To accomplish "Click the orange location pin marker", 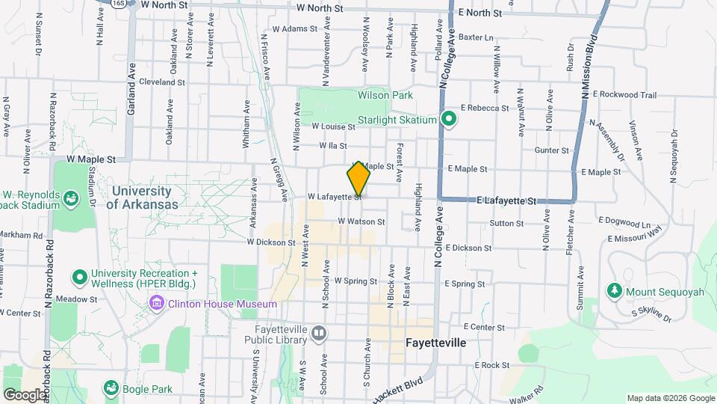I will pos(358,179).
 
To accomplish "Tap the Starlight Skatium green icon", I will pos(448,120).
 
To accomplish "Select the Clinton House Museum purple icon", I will pos(157,304).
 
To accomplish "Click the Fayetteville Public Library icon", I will pos(320,332).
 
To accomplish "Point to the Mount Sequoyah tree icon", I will pos(614,290).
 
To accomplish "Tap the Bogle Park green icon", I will pos(111,388).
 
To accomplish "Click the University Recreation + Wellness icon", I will pos(80,278).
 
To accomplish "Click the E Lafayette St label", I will pos(507,201).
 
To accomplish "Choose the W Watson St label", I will pos(361,221).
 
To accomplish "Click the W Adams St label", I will pos(295,29).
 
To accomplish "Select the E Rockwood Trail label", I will pos(624,95).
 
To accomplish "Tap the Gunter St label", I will pos(552,150).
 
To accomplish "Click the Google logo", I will pos(25,394).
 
